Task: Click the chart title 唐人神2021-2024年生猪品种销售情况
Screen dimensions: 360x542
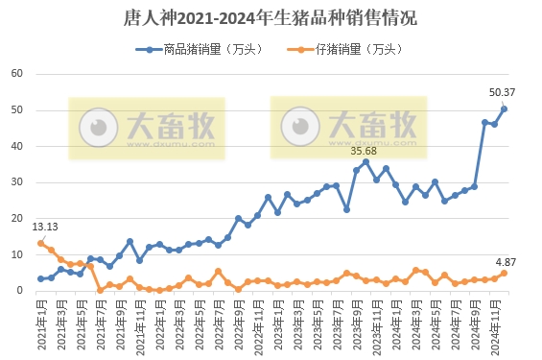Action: tap(271, 17)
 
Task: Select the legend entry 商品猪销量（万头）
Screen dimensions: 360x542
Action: tap(205, 49)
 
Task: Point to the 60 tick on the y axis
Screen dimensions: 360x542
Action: tap(16, 74)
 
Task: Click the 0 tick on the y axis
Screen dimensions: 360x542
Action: tap(19, 291)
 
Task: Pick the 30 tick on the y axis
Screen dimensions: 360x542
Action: tap(16, 182)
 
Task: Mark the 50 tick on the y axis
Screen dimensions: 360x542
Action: tap(16, 110)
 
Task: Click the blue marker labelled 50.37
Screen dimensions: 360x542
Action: tap(505, 108)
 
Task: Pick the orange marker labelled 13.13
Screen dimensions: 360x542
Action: tap(40, 243)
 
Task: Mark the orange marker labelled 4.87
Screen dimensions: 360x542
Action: tap(505, 274)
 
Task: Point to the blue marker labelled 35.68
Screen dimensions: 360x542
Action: tap(365, 161)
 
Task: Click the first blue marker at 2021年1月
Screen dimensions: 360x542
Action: tap(40, 278)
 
